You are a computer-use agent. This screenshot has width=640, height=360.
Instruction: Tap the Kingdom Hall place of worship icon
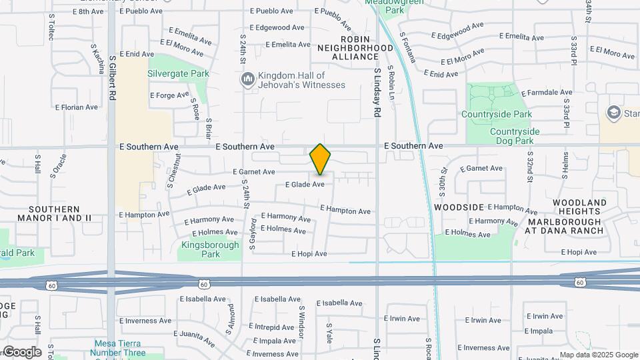[x=248, y=80]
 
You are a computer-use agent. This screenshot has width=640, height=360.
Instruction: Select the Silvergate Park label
[x=178, y=73]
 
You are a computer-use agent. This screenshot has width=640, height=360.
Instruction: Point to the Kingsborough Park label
[x=210, y=249]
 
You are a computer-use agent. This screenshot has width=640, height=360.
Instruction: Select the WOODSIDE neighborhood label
[x=459, y=207]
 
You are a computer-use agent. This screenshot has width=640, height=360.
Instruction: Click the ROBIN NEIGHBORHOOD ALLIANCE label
[x=355, y=48]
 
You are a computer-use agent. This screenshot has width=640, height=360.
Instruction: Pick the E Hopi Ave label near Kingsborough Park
[x=309, y=254]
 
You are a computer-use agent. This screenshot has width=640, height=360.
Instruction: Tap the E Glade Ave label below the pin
[x=305, y=185]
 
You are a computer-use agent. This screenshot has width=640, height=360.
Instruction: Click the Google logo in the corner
[x=21, y=352]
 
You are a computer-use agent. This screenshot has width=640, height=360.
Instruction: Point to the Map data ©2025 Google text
[x=598, y=355]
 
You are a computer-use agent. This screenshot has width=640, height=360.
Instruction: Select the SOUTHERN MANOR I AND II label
[x=64, y=213]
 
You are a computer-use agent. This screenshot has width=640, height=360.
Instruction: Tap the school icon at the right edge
[x=613, y=113]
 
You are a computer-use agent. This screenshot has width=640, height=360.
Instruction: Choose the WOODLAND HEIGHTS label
[x=579, y=207]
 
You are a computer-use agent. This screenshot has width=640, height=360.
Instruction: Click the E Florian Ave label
[x=76, y=107]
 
